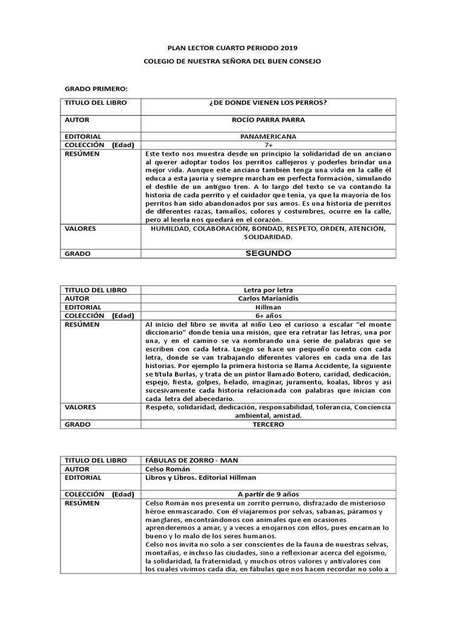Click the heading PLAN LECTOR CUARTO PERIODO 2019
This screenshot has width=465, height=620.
pyautogui.click(x=232, y=47)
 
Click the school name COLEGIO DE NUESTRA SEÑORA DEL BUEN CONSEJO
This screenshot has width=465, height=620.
pyautogui.click(x=232, y=61)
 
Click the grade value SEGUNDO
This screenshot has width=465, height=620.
pyautogui.click(x=268, y=253)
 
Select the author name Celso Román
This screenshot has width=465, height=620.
pyautogui.click(x=168, y=469)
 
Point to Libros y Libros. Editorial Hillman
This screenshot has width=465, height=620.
pyautogui.click(x=197, y=478)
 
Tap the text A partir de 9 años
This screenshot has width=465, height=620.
pyautogui.click(x=268, y=494)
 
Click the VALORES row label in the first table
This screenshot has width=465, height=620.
pyautogui.click(x=81, y=229)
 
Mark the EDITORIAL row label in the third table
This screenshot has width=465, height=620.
pyautogui.click(x=84, y=478)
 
